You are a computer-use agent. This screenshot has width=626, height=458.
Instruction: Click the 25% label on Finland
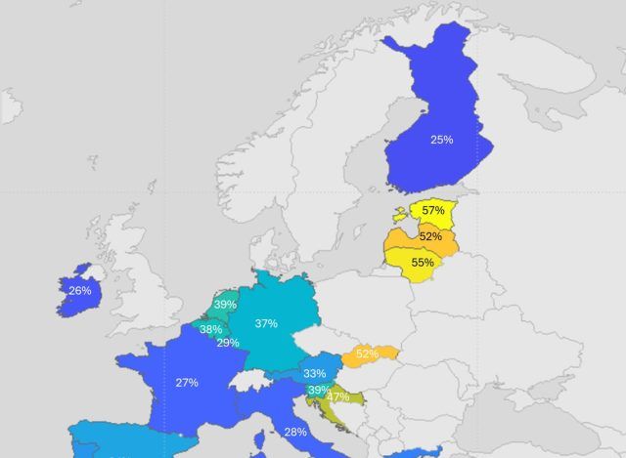pos(441,140)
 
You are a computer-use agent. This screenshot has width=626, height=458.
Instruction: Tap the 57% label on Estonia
pos(433,210)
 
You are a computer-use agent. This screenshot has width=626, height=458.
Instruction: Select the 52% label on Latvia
pos(429,236)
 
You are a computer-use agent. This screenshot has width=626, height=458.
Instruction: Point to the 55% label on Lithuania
pos(423,263)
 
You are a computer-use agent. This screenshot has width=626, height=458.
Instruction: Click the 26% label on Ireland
pos(79,290)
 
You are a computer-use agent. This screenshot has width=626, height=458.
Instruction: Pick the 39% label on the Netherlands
pos(225,305)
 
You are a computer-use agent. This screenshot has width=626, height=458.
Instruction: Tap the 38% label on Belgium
pos(210,329)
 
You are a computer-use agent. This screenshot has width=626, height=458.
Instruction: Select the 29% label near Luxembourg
pos(228,343)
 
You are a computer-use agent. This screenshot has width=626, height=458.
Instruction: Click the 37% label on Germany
pos(265,323)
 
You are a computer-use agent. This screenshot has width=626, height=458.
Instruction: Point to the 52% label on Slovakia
pos(368,354)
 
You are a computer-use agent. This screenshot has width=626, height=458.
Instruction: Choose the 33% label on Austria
pos(314,373)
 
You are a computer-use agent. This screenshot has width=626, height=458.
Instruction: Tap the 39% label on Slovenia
pos(318,391)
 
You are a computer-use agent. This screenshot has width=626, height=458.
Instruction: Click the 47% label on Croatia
pos(338,396)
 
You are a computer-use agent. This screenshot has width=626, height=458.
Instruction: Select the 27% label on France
pos(187,383)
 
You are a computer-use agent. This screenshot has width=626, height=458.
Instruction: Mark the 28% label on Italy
pos(294,432)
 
